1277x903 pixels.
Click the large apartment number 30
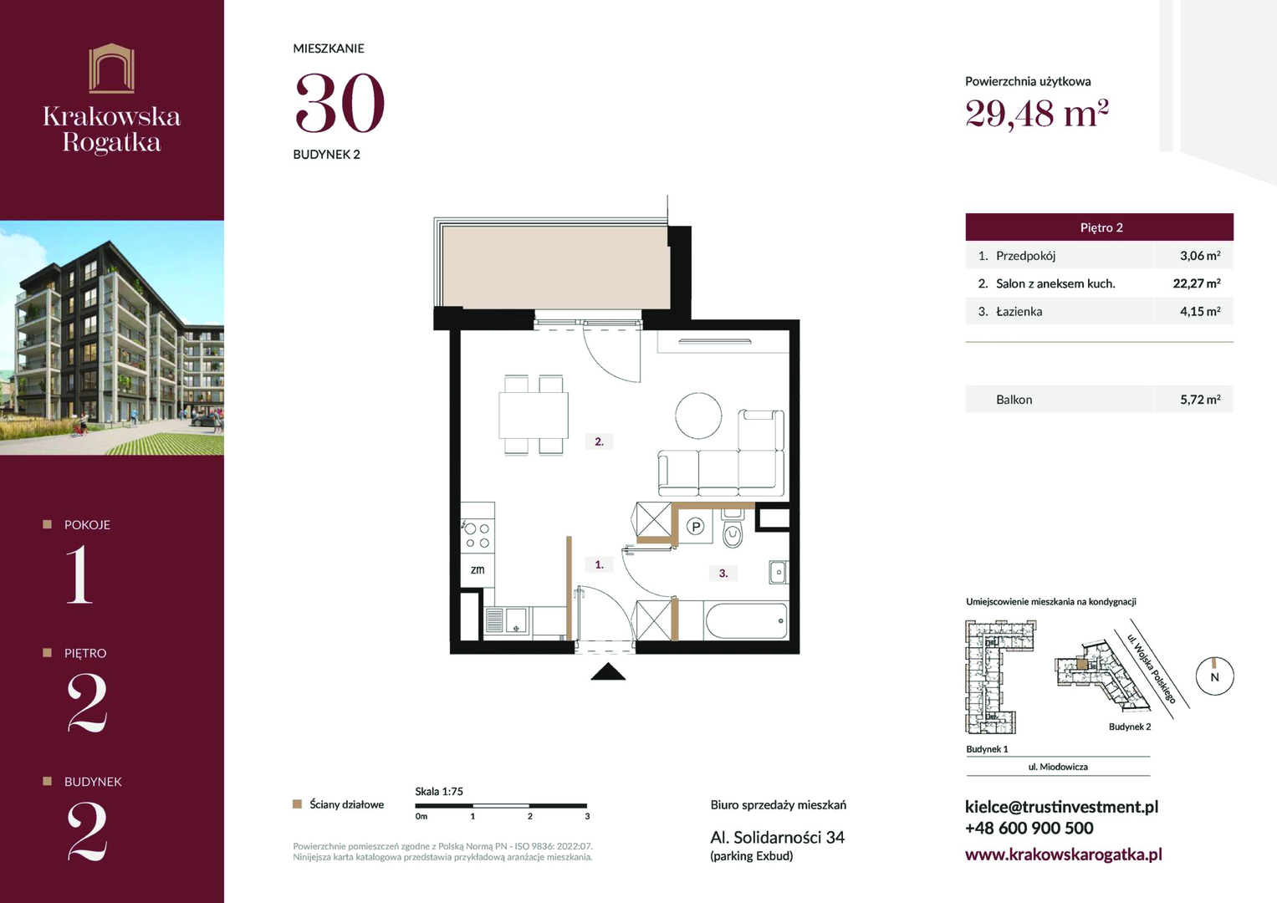point(340,103)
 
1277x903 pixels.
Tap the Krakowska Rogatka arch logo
point(112,68)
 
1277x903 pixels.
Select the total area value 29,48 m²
point(1036,114)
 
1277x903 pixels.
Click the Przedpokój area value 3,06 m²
point(1200,256)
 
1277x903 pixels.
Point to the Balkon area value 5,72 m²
point(1200,400)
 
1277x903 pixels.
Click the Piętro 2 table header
point(1101,227)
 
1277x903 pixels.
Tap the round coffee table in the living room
point(698,416)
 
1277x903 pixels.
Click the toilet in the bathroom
point(732,528)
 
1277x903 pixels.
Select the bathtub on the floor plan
point(747,620)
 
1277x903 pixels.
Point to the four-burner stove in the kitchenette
point(478,535)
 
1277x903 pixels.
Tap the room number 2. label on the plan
point(599,441)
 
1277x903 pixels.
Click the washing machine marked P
point(696,526)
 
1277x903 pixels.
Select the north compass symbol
point(1215,676)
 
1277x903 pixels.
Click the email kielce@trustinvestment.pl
point(1061,807)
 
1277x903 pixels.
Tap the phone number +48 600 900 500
point(1029,829)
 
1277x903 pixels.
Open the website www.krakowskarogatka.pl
point(1063,855)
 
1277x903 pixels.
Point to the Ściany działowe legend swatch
point(297,804)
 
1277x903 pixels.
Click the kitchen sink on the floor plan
point(507,620)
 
